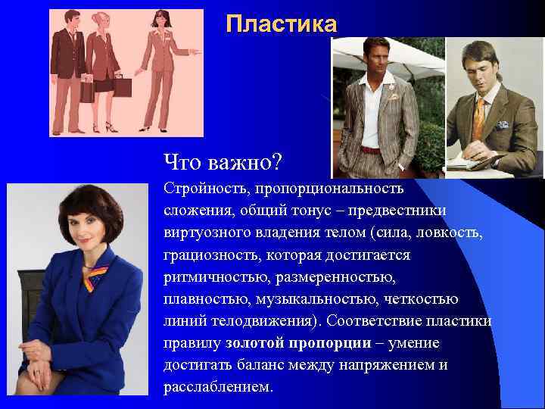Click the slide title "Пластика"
point(281,25)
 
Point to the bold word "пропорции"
point(330,343)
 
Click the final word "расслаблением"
point(217,387)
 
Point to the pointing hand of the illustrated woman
point(196,53)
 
